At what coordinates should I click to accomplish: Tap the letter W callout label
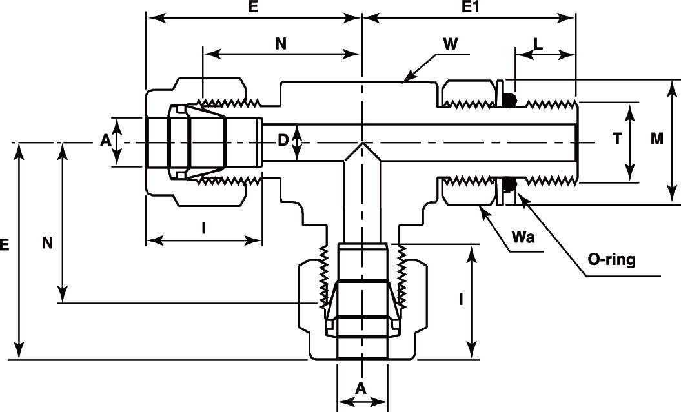coord(451,44)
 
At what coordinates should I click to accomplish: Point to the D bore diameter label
coord(283,139)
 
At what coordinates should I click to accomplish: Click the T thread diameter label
coord(617,139)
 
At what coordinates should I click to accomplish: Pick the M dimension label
coord(657,139)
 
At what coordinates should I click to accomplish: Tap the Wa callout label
coord(523,237)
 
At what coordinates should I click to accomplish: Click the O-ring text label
coord(611,260)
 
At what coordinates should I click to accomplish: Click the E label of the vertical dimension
coord(5,244)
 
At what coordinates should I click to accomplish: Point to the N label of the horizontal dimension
coord(280,44)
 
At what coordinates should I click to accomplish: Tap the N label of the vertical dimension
coord(46,242)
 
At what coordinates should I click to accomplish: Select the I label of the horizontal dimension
coord(204,227)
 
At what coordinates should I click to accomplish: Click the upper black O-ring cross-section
coord(509,100)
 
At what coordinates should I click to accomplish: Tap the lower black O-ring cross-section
coord(509,186)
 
